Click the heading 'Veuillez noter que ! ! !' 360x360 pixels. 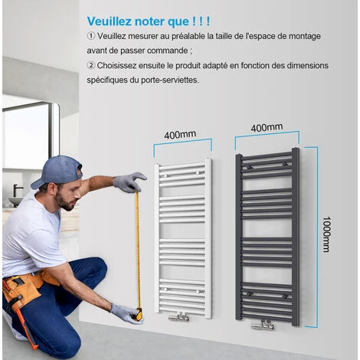[149, 21]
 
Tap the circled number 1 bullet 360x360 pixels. [90, 36]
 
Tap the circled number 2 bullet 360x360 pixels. [90, 66]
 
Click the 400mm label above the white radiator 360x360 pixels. [180, 135]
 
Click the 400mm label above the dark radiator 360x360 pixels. [267, 127]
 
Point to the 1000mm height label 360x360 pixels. [326, 234]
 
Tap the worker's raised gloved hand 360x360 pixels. [130, 182]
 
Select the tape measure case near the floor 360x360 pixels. [138, 313]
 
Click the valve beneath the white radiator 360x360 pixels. [179, 316]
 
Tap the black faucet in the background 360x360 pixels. [18, 190]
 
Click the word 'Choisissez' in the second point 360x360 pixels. [116, 66]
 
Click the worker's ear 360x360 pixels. [53, 189]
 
